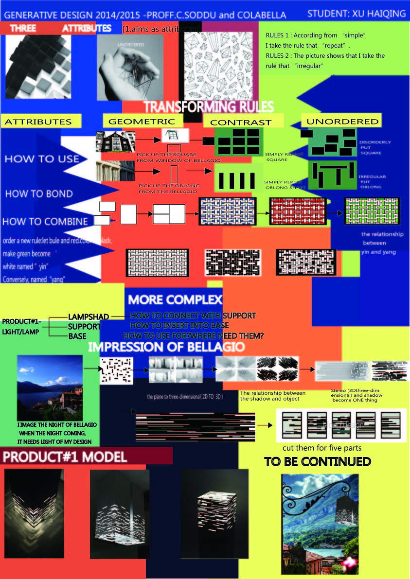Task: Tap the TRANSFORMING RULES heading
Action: point(209,106)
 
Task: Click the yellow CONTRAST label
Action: point(241,123)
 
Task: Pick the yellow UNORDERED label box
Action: point(342,121)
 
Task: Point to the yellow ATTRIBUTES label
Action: point(38,122)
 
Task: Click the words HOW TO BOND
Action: point(39,193)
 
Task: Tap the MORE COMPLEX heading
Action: point(175,299)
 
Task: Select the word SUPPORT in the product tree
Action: point(84,327)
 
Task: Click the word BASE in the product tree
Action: point(77,336)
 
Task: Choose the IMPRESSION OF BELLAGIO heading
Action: point(166,347)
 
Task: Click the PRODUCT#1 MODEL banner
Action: point(65,456)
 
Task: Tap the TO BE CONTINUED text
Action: point(317,461)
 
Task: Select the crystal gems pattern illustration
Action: point(218,67)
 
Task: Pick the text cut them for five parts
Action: point(322,448)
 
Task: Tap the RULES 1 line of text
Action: point(315,36)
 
